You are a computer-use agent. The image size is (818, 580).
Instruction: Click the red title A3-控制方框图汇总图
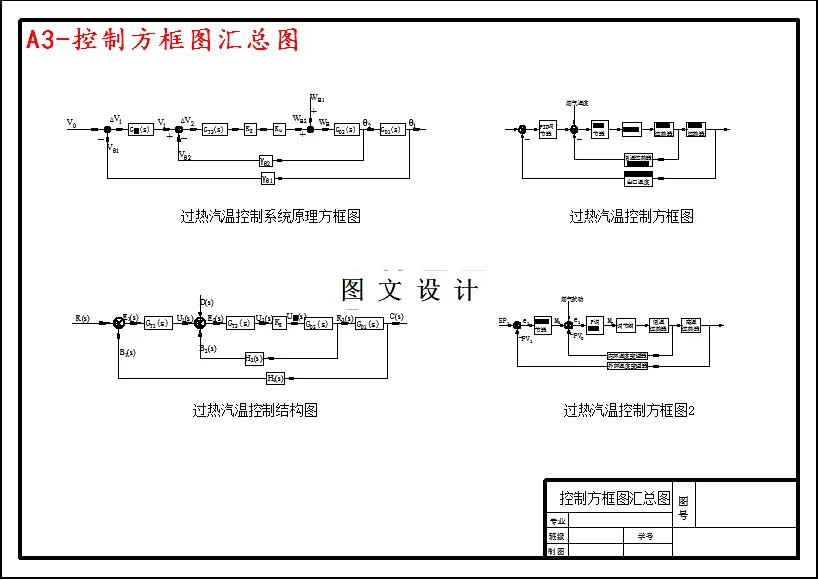[x=163, y=40]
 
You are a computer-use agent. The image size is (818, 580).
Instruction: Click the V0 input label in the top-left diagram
[x=71, y=123]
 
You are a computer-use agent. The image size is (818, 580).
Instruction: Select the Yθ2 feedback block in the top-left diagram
[x=266, y=161]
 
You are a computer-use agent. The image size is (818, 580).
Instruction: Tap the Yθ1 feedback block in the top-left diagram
[x=267, y=179]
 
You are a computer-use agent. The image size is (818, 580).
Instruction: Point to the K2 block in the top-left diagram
[x=250, y=129]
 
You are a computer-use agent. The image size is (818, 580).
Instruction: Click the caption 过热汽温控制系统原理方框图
[x=270, y=215]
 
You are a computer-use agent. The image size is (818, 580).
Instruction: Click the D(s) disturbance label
[x=206, y=301]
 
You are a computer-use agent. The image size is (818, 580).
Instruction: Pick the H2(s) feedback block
[x=254, y=358]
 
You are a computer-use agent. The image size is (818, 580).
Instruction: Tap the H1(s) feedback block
[x=275, y=378]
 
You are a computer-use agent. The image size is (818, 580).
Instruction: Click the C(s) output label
[x=396, y=317]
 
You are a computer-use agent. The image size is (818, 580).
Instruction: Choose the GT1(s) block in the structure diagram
[x=157, y=323]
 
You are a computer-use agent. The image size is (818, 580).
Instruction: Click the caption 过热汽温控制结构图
[x=255, y=410]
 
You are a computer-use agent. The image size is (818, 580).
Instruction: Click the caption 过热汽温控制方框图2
[x=629, y=410]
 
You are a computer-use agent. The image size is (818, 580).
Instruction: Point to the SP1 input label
[x=505, y=320]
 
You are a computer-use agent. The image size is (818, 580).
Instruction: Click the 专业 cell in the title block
[x=557, y=521]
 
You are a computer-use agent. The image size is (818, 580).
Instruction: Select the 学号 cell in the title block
[x=645, y=536]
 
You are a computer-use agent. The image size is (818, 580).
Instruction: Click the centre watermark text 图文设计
[x=410, y=290]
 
